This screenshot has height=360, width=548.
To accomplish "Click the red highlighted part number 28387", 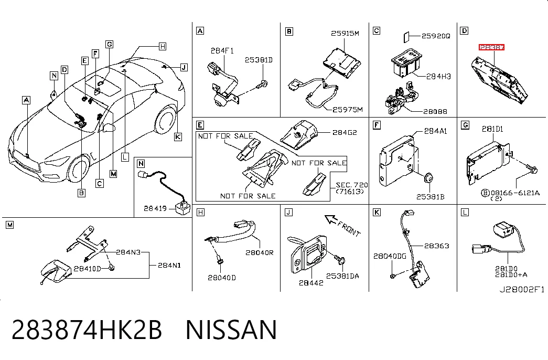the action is [491, 47].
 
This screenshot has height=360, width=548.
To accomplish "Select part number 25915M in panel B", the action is [345, 33].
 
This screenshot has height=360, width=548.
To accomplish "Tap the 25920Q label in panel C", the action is [436, 36].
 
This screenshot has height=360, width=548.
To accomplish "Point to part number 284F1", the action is [222, 51].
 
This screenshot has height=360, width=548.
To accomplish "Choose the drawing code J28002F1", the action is [521, 289].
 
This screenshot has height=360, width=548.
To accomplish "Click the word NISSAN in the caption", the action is [231, 330].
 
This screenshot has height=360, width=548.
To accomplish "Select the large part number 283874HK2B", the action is [87, 330].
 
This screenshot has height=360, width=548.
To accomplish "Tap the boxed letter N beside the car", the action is [54, 76].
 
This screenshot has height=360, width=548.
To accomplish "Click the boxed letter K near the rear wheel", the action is [178, 137].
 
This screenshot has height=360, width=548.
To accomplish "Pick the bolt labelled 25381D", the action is [263, 84].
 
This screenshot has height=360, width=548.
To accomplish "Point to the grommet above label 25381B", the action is [428, 178].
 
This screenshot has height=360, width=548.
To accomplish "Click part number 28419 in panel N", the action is [155, 208].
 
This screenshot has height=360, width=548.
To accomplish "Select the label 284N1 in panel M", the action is [169, 265].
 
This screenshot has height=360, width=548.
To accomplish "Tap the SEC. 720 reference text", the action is [351, 185].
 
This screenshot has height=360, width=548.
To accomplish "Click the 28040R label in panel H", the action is [260, 252].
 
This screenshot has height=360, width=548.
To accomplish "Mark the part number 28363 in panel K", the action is [436, 246].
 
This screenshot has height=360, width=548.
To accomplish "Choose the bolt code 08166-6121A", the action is [515, 193].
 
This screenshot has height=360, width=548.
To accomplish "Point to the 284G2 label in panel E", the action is [344, 132].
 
